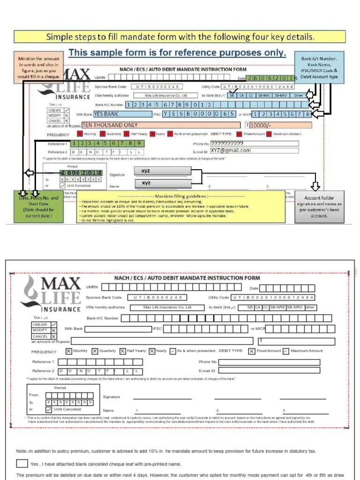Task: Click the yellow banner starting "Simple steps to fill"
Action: tap(180, 37)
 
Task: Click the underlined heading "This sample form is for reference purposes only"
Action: tap(177, 53)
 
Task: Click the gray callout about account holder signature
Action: tap(320, 207)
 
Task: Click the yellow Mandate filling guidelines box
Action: tap(180, 206)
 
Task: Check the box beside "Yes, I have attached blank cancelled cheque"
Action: tap(22, 464)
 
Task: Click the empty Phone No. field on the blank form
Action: tap(269, 362)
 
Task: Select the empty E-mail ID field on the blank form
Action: tap(269, 370)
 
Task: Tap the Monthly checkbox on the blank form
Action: tap(69, 351)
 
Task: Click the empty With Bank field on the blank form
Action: tap(118, 329)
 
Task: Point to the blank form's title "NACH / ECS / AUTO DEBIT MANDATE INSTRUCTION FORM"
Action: tap(187, 278)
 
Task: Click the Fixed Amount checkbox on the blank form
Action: tap(252, 351)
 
